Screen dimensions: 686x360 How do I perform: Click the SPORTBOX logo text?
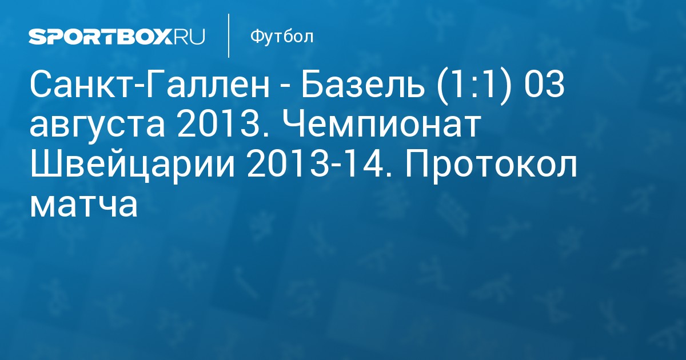[x=101, y=37]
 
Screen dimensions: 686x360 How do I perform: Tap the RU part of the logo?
[x=189, y=37]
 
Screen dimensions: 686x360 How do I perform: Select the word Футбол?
[x=282, y=37]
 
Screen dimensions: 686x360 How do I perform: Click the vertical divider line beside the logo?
[x=229, y=35]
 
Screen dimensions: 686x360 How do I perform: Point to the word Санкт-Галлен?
[x=149, y=85]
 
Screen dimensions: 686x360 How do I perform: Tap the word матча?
[x=83, y=205]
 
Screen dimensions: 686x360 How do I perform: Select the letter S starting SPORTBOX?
[x=37, y=37]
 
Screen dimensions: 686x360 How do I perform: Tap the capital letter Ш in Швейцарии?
[x=44, y=165]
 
